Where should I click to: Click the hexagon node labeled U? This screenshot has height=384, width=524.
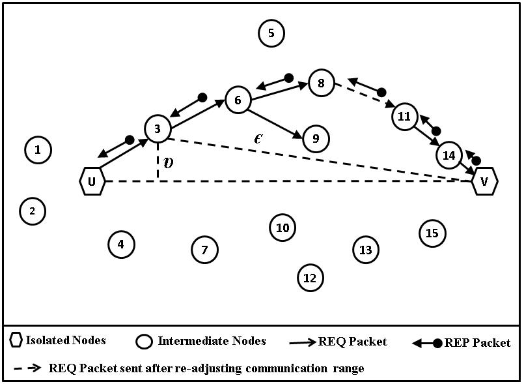point(92,181)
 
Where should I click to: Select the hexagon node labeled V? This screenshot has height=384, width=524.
point(484,181)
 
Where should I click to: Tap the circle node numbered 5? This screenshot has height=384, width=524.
point(271,33)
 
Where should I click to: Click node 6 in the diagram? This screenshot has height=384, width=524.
point(238,100)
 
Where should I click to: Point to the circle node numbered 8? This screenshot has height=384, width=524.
point(321,83)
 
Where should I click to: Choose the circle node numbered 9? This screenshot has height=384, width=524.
point(316,138)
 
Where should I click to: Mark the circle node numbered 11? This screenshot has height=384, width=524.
point(404,117)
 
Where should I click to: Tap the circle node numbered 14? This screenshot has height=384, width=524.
point(448,155)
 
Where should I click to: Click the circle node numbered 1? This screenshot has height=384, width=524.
point(38,150)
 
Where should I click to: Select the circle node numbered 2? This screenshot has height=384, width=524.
point(32,211)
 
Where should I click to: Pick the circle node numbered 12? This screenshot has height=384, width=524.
point(310,278)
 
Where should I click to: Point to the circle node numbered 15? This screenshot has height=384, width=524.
point(432,233)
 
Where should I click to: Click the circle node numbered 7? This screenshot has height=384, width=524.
point(204,249)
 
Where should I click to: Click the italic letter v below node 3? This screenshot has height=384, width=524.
point(169,163)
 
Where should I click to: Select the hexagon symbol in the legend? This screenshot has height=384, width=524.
point(16,340)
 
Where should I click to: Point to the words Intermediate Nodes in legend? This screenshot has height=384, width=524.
point(212,340)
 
